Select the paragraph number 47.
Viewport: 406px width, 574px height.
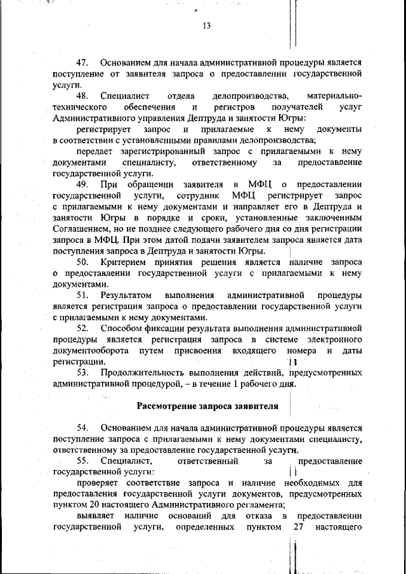click(84, 63)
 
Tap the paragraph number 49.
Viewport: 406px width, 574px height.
click(84, 184)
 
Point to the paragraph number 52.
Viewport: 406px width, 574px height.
click(84, 329)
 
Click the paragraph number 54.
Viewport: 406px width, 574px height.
click(84, 427)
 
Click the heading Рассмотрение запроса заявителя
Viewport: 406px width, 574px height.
click(207, 405)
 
